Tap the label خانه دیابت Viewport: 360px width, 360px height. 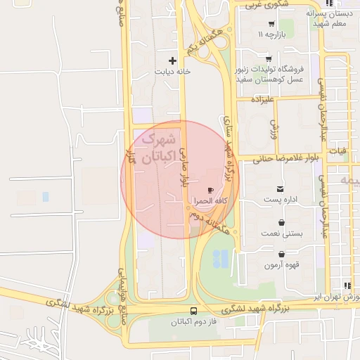point(173,72)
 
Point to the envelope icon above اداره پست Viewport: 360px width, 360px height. point(281,189)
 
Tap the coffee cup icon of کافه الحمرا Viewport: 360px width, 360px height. point(210,191)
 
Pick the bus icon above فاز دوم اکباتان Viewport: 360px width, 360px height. point(193,310)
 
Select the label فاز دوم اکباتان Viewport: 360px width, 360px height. point(193,322)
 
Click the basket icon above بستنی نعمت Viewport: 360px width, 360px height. point(281,223)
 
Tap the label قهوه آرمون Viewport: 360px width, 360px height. point(282,265)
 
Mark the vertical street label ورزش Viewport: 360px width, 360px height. point(274,127)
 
